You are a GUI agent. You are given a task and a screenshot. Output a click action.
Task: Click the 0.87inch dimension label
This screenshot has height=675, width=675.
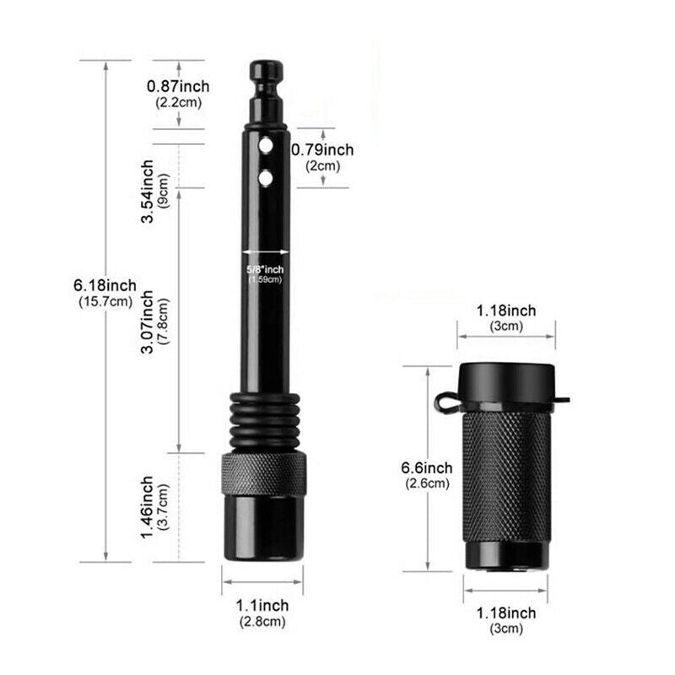coord(178,86)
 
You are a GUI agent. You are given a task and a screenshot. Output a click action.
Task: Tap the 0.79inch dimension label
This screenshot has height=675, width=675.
coord(322,150)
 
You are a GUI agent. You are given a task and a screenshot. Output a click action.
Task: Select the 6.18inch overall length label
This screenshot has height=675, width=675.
coord(105,285)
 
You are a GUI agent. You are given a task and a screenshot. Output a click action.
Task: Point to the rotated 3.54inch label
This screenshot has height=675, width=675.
coord(148,192)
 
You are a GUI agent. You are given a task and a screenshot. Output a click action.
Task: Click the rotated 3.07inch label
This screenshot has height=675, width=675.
coord(148,321)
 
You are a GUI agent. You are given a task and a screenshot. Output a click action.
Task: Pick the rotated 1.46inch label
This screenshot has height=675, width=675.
coord(148,507)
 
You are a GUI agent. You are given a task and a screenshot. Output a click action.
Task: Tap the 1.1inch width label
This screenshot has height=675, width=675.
coord(262,605)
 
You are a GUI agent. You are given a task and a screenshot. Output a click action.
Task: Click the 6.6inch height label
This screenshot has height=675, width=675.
coord(427,467)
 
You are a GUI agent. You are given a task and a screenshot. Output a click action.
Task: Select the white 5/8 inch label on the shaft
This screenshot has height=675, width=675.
coord(265,269)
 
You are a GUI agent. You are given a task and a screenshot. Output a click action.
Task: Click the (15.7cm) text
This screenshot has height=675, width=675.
coord(105,301)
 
